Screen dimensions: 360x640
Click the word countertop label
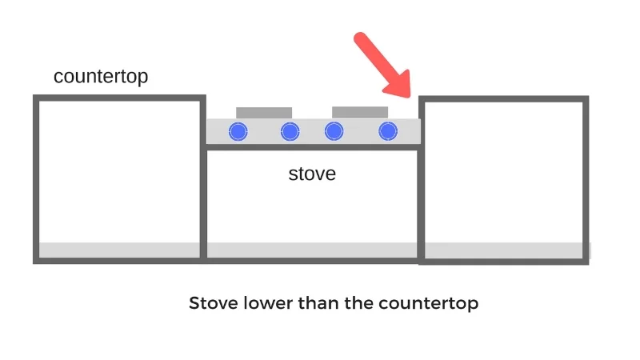coord(101,77)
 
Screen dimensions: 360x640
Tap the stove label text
coord(312,174)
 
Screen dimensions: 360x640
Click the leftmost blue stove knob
coord(238,131)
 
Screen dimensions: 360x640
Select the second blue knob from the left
coord(290,131)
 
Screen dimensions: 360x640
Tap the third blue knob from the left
coord(334,131)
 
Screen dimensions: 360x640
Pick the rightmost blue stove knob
coord(388,131)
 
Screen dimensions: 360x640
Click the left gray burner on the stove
coord(264,112)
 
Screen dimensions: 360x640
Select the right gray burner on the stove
coord(360,111)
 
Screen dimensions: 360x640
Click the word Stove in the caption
coord(210,304)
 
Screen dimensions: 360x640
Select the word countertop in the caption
coord(428,304)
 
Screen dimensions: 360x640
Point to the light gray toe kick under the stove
coord(312,250)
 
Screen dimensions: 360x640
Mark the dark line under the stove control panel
coord(312,148)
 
